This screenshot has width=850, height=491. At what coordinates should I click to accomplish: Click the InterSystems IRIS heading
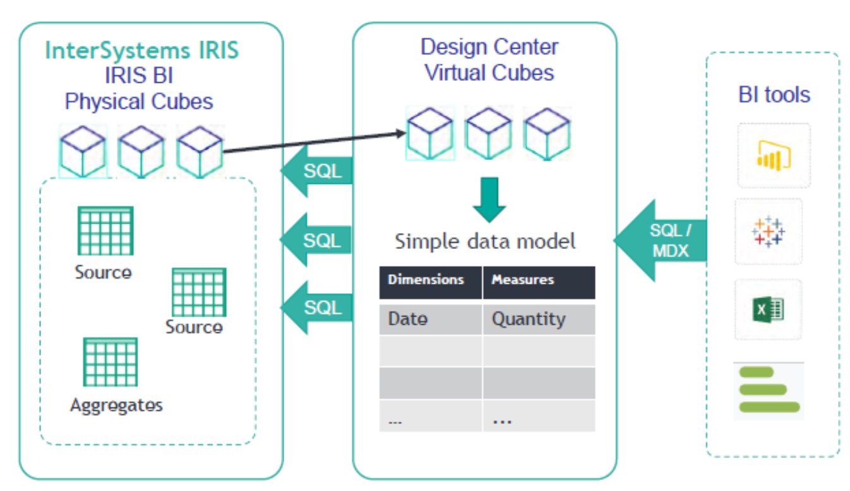point(142,51)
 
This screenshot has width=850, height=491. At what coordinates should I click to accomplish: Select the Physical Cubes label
point(139,102)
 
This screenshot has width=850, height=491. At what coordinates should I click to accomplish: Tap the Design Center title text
point(489,47)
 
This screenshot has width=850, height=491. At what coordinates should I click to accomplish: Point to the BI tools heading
point(774,94)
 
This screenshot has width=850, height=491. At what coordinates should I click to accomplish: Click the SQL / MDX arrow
point(661,240)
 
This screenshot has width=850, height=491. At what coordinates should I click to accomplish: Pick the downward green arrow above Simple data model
point(489,200)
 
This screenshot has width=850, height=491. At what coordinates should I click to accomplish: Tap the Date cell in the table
point(430,319)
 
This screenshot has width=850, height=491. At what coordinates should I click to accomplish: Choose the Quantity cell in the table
point(539,319)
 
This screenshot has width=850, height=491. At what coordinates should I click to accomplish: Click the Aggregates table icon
point(111,362)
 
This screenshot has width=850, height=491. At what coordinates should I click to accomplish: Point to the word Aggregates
point(116,405)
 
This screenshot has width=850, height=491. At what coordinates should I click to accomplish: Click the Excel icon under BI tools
point(768,310)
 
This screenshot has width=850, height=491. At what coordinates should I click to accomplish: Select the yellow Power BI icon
point(774,155)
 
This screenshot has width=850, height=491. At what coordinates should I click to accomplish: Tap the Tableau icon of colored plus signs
point(769,231)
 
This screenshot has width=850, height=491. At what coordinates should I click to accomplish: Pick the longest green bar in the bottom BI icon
point(770,407)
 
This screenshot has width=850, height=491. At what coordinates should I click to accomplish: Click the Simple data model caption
point(485,241)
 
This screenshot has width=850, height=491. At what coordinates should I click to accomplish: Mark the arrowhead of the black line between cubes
point(405,133)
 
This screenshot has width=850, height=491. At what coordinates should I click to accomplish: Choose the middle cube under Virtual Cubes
point(488,133)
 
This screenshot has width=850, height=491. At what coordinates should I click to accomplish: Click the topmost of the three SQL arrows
point(316,171)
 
